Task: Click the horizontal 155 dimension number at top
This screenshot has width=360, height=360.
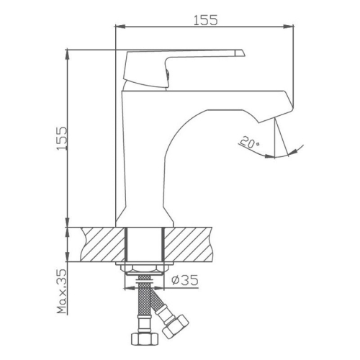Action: [x=205, y=20]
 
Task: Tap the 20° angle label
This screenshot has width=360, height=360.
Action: [x=248, y=144]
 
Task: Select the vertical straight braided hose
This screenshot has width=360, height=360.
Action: [x=144, y=306]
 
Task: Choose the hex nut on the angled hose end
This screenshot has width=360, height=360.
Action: [x=174, y=330]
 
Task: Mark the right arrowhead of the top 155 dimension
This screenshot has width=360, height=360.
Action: [x=291, y=28]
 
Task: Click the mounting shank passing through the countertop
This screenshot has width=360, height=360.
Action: [x=146, y=245]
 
